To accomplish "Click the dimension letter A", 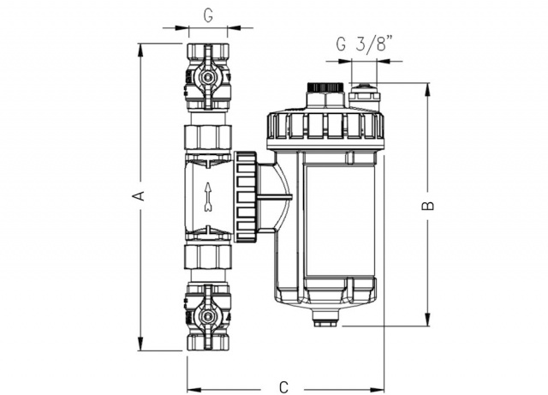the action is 140,196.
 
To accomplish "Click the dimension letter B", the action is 427,206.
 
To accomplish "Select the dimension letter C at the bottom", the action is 283,387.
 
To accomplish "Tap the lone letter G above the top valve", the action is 208,15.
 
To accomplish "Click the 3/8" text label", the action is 373,44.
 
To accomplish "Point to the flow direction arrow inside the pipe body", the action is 208,197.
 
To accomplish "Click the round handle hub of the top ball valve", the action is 208,75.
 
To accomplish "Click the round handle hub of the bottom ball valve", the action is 208,317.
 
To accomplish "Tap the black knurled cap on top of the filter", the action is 325,87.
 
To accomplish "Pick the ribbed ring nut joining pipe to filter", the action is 247,196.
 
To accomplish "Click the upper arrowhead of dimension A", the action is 140,50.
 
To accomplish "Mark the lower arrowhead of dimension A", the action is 140,344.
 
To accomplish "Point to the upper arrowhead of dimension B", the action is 427,90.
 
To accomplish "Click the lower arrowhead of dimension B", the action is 427,320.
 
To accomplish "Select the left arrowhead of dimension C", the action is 194,390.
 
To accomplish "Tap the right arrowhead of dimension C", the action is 377,390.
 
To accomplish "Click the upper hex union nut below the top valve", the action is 208,137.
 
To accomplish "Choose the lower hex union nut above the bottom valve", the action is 208,257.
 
